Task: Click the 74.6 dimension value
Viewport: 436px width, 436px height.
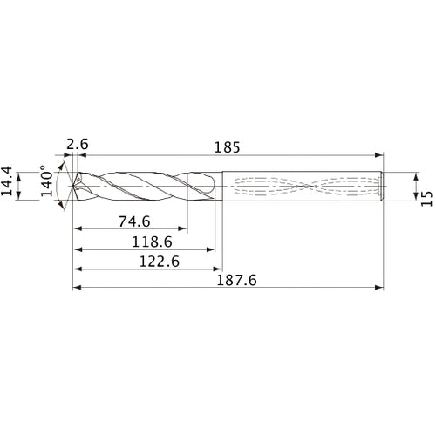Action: click(131, 221)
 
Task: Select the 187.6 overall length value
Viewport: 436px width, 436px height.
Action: click(229, 281)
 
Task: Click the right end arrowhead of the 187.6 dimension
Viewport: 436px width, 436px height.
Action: click(380, 287)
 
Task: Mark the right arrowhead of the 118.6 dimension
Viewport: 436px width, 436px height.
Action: click(212, 249)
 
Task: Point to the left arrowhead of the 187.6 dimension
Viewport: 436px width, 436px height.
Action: click(77, 287)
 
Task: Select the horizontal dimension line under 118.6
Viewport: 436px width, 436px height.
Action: click(144, 249)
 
